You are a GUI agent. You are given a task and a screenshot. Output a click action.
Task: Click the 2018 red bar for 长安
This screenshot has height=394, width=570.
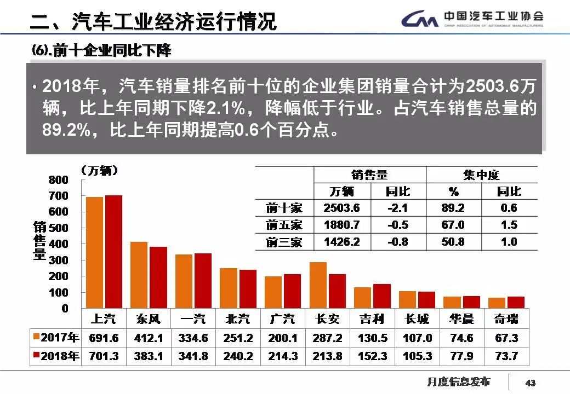tap(337, 291)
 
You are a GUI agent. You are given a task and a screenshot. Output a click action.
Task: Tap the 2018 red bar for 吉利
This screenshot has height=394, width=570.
tap(382, 296)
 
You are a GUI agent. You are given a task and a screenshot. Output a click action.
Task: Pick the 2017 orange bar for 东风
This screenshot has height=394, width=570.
tap(139, 275)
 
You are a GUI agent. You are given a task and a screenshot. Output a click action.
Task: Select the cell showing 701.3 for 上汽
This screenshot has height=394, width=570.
tap(104, 356)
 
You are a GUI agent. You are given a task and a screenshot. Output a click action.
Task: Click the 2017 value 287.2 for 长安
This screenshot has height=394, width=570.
tap(328, 338)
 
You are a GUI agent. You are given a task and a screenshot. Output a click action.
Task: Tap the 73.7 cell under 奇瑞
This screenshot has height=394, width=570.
tap(506, 356)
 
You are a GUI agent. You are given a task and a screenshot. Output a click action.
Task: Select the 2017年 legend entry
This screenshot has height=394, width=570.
tap(56, 338)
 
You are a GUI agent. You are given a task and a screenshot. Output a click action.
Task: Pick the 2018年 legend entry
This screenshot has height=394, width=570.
tap(56, 356)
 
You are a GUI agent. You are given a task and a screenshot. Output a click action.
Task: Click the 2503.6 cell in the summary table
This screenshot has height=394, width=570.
tap(342, 208)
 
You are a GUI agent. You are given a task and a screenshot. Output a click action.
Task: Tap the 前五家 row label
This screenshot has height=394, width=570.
tap(284, 225)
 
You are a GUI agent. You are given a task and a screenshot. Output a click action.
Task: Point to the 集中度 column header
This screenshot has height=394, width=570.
tap(481, 175)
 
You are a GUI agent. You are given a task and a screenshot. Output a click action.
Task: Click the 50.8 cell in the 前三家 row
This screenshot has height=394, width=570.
tap(453, 242)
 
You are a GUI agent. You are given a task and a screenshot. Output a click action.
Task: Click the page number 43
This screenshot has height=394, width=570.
tap(530, 382)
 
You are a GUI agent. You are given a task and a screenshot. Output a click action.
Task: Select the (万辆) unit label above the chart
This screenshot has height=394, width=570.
tap(100, 171)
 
